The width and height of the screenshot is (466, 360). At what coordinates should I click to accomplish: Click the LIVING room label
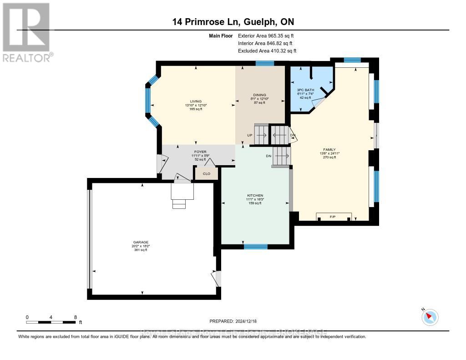click(196, 101)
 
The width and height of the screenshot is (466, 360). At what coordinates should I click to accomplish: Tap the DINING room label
click(259, 95)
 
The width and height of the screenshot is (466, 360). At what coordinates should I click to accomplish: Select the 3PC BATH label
click(305, 90)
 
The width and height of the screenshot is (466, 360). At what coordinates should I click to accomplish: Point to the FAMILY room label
click(329, 150)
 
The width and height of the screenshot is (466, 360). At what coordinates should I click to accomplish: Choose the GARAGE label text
click(141, 242)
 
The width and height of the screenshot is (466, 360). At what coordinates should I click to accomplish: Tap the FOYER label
click(197, 152)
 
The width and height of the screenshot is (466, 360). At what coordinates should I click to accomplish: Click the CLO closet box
click(206, 173)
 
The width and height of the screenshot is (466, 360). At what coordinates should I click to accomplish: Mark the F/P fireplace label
click(333, 217)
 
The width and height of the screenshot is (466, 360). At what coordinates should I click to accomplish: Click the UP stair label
click(250, 135)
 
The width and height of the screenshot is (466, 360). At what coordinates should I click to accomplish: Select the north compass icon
click(430, 317)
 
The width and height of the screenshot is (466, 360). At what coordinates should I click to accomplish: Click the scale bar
click(51, 322)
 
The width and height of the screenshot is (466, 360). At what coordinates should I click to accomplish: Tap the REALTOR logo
click(27, 32)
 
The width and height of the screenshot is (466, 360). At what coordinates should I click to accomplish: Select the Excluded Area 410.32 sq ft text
click(267, 51)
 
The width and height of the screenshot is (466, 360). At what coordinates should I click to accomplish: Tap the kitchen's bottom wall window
click(255, 247)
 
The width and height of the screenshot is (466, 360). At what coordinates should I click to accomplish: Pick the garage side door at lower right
click(217, 278)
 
